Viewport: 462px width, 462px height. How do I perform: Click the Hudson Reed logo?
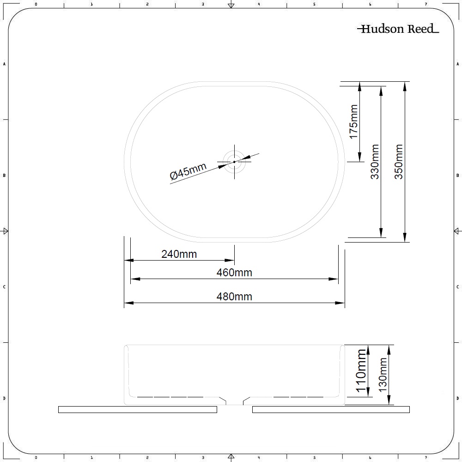pos(398,29)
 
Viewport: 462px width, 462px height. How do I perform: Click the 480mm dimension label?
pos(234,297)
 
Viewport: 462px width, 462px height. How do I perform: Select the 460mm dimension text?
pos(234,273)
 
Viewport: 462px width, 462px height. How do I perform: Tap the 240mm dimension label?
pos(179,254)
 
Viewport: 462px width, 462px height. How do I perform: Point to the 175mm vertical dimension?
pos(353,122)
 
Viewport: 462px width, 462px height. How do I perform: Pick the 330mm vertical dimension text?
pos(375,162)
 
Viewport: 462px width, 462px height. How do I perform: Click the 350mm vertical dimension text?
pos(399,162)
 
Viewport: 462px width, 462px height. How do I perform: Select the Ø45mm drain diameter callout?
pos(188,171)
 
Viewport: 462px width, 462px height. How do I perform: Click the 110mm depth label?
pos(361,371)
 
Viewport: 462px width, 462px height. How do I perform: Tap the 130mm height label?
pos(383,375)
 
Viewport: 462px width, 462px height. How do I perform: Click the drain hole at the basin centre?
pos(234,162)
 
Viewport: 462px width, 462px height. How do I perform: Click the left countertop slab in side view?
pos(137,409)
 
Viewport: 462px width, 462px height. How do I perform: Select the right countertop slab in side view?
pos(331,409)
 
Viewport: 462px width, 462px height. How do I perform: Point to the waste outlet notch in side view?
pos(234,401)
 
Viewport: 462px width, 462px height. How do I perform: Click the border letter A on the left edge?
pos(4,64)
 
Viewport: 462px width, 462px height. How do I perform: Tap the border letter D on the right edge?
pos(457,398)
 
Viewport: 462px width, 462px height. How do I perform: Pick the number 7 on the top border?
pos(426,4)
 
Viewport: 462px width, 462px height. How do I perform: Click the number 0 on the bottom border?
pos(36,458)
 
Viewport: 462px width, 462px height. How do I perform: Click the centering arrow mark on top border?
pos(231,5)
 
